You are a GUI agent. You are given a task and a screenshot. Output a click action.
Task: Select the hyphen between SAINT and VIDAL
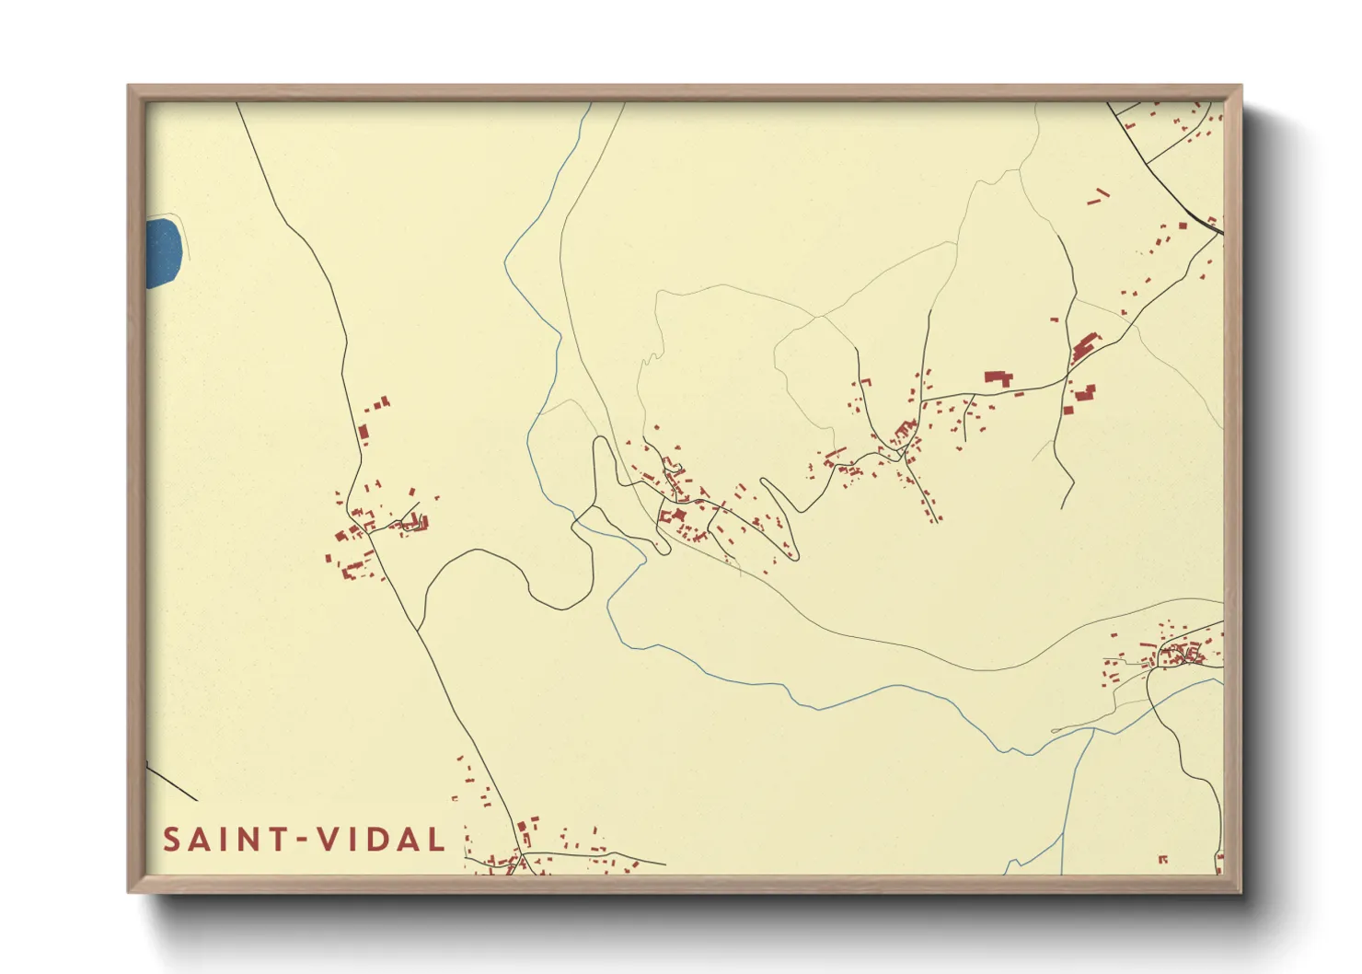[x=298, y=841]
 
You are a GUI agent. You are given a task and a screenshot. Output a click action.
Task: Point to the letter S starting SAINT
[x=172, y=840]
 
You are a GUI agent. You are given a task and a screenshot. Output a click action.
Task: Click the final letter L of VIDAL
[x=436, y=840]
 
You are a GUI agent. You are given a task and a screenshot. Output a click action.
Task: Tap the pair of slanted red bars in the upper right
[x=1098, y=196]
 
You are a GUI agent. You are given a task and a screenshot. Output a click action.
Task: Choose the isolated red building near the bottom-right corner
[x=1162, y=859]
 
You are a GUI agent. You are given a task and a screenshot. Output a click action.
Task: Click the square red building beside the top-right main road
[x=1183, y=225]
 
